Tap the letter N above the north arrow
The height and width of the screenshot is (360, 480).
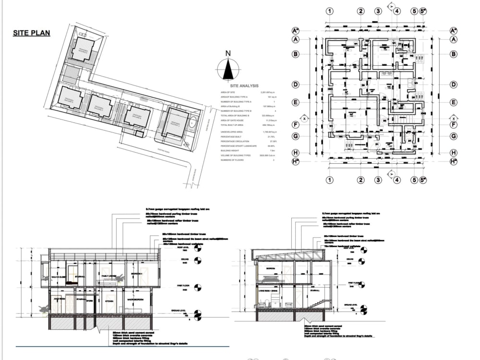pyautogui.click(x=229, y=53)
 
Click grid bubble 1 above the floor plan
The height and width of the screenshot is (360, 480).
pyautogui.click(x=329, y=11)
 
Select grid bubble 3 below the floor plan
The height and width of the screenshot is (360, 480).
pyautogui.click(x=378, y=180)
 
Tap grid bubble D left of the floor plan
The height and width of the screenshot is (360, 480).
pyautogui.click(x=296, y=85)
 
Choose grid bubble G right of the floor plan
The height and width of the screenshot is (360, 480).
pyautogui.click(x=453, y=136)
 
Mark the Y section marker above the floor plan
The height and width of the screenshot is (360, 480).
pyautogui.click(x=392, y=6)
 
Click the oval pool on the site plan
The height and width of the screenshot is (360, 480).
pyautogui.click(x=192, y=122)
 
